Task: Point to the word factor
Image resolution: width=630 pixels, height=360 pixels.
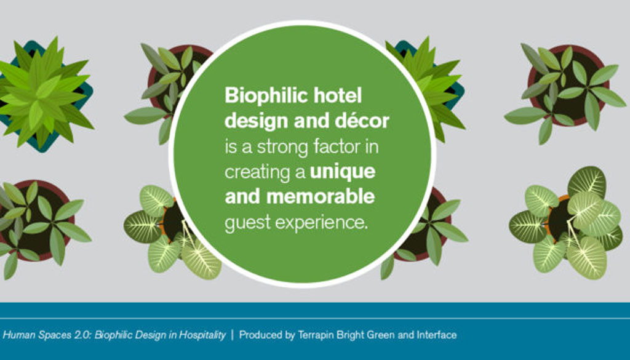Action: pos(337,146)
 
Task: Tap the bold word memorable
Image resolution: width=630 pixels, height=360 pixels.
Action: pos(321,197)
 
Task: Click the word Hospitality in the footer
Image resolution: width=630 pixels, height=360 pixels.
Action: pos(202,335)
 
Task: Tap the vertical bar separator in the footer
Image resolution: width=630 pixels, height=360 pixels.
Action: pos(232,335)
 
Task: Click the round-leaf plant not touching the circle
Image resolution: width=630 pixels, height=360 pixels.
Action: pos(567,223)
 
